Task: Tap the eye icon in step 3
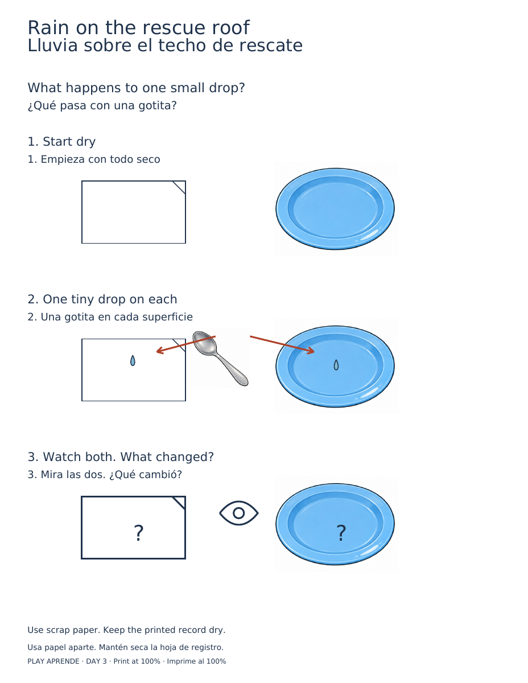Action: point(238,512)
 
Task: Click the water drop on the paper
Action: point(133,360)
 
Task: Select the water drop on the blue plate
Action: point(336,365)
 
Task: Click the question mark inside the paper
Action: point(138,532)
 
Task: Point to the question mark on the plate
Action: point(341,532)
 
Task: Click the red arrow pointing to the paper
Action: point(185,344)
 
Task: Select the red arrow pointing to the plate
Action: point(282,344)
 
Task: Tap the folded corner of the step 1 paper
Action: point(179,187)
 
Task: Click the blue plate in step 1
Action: point(335,208)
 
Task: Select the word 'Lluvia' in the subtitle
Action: point(52,46)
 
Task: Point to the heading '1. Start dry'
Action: point(61,142)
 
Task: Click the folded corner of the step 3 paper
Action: point(179,502)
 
